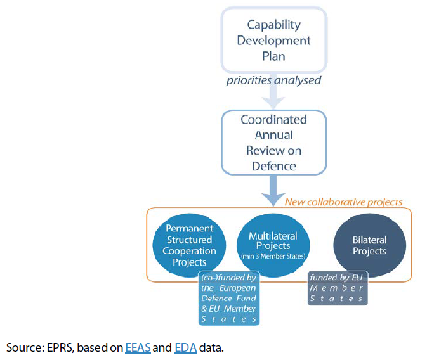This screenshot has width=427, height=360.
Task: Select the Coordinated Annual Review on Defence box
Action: click(x=273, y=143)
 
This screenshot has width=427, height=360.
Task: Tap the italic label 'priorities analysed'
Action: click(x=273, y=81)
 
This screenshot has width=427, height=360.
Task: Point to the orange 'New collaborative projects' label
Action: click(x=343, y=202)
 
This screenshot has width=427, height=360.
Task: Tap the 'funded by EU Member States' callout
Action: click(x=336, y=287)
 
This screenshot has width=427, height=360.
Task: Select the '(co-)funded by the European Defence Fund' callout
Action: click(x=228, y=298)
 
